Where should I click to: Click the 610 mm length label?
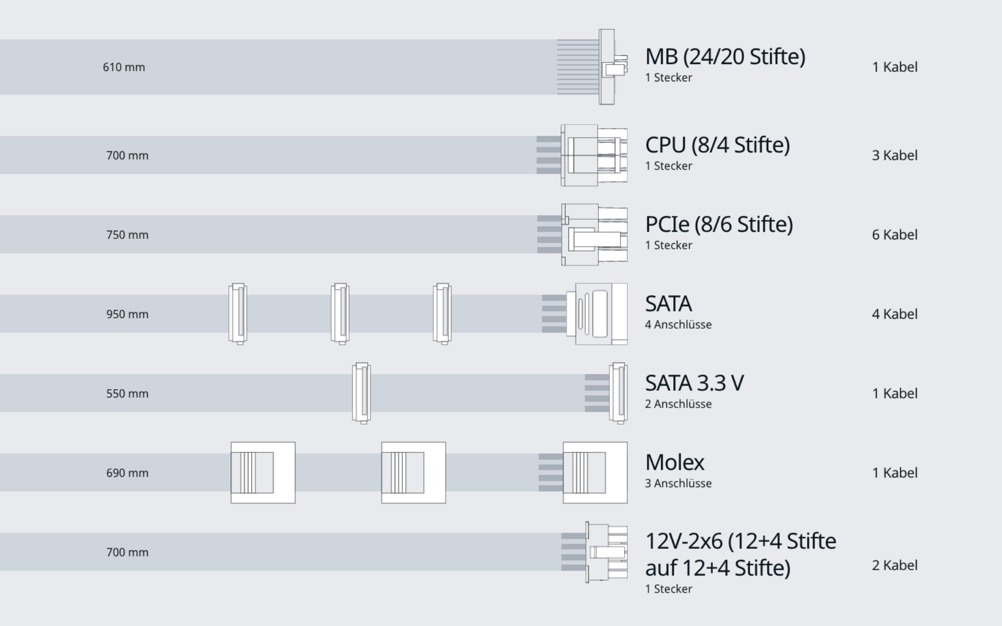tap(124, 67)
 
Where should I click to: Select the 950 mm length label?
tap(127, 314)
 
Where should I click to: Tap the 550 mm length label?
tap(127, 393)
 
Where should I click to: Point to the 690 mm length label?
tap(127, 473)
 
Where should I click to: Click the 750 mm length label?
tap(127, 235)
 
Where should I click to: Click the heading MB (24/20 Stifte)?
tap(725, 56)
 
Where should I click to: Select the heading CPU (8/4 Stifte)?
tap(717, 145)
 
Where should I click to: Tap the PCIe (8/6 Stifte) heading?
tap(719, 224)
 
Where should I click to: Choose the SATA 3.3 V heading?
tap(694, 383)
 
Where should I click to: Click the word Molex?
tap(674, 462)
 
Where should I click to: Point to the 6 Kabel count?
tap(894, 235)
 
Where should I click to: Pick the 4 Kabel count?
tap(894, 314)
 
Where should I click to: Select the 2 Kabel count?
tap(894, 565)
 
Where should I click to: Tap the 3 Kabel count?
tap(894, 155)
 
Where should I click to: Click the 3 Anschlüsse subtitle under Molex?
tap(678, 483)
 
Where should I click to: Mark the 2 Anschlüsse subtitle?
tap(678, 404)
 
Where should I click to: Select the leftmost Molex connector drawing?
tap(263, 473)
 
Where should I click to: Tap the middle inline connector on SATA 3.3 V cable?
tap(361, 393)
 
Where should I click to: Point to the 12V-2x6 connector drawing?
tap(606, 552)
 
